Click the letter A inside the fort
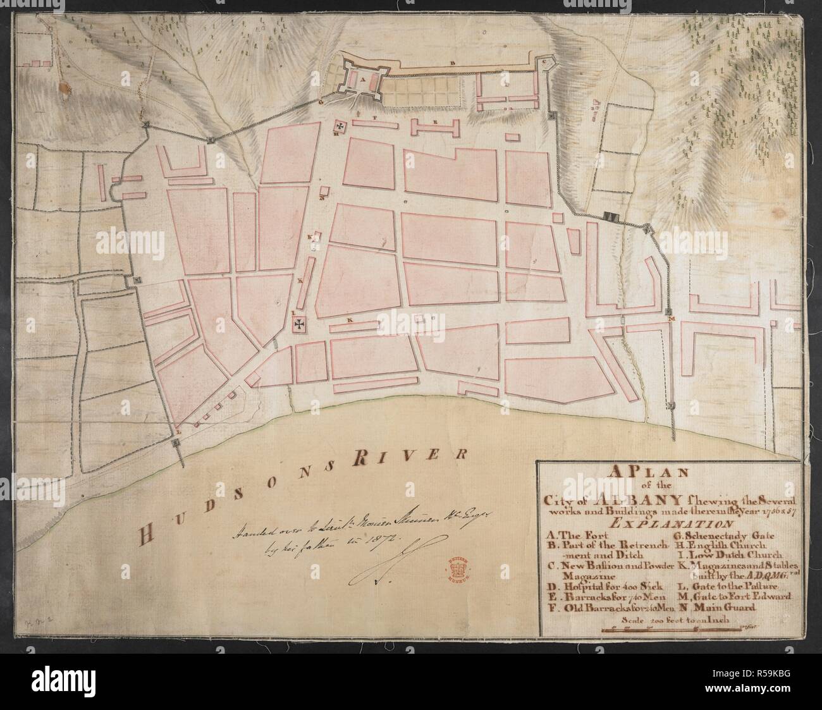355,81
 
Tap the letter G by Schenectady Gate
321,101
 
